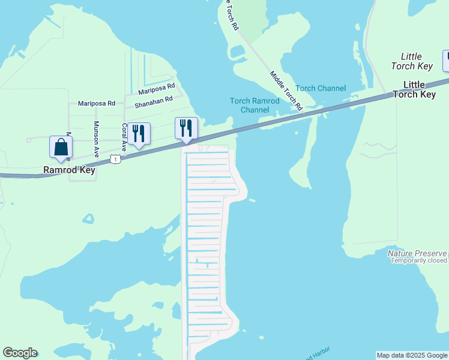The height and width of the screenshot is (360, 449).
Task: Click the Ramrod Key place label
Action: [x=70, y=170]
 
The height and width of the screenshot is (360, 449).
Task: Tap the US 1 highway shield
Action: [x=115, y=158]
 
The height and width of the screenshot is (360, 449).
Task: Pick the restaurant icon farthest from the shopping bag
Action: [x=186, y=128]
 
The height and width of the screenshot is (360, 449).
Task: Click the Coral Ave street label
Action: [x=124, y=136]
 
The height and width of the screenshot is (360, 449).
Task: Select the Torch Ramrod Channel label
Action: [x=255, y=105]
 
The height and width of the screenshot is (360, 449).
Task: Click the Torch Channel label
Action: [x=321, y=88]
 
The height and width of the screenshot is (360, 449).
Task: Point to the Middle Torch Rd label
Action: [x=286, y=92]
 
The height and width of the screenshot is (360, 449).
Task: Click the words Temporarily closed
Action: [x=419, y=261]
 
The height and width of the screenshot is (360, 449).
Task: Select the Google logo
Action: [x=20, y=353]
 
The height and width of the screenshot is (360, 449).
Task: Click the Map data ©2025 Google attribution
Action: [x=412, y=355]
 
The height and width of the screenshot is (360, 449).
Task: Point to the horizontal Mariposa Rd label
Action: [x=96, y=103]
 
